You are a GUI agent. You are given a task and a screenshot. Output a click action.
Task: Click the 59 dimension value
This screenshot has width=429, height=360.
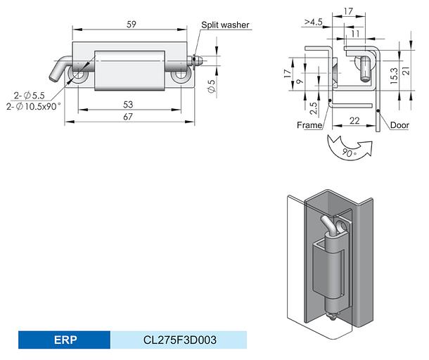132,25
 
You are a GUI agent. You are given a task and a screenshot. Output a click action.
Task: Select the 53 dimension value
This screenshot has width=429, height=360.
128,104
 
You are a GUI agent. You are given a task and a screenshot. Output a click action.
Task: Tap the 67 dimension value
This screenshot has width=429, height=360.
128,117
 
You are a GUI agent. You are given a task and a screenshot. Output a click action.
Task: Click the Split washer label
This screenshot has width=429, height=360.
225,25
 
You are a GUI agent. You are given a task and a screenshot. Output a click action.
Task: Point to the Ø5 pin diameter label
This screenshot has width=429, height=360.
212,86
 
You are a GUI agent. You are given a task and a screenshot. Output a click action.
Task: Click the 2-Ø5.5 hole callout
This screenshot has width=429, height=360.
30,96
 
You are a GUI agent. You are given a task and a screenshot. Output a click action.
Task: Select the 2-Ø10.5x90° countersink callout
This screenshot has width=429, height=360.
33,106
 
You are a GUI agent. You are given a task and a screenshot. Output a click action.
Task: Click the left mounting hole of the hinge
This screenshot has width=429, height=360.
78,75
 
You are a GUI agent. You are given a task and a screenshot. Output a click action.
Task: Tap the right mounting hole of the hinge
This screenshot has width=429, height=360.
180,75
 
